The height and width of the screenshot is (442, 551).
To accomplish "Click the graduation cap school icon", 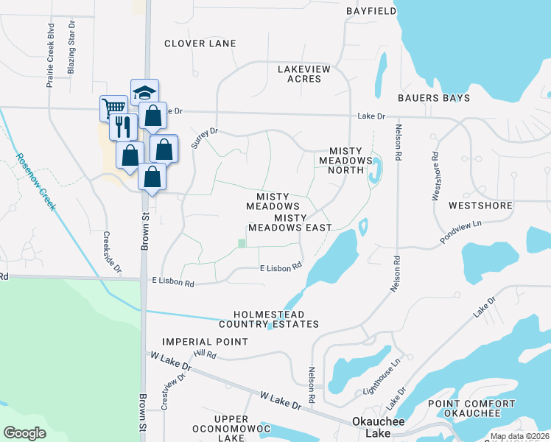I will (145, 92).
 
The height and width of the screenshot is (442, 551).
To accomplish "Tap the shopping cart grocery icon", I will (113, 108).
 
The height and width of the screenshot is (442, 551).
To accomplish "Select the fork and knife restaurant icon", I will (123, 127).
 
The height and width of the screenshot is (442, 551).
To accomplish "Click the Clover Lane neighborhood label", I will (200, 43).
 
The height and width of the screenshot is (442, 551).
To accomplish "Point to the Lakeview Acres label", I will (304, 74).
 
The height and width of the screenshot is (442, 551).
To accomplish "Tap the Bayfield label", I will (366, 11).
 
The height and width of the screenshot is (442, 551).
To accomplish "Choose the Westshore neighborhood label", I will (480, 206).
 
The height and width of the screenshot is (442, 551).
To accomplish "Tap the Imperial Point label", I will (205, 342).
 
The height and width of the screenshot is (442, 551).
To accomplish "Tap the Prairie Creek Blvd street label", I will (51, 59).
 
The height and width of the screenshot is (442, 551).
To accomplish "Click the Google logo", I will (25, 433).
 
